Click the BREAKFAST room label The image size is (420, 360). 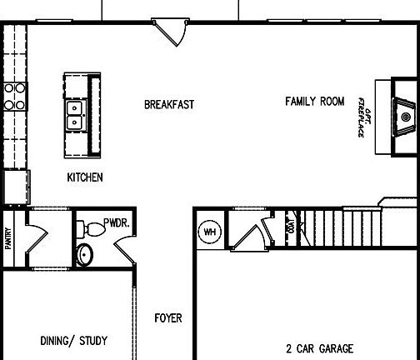click(x=169, y=105)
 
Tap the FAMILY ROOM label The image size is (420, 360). click(x=314, y=102)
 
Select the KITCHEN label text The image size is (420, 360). click(x=85, y=177)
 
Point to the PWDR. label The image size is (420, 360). click(x=116, y=224)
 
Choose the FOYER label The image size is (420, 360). click(x=168, y=318)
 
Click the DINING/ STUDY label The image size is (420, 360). click(x=74, y=341)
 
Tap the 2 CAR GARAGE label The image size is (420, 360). click(x=319, y=349)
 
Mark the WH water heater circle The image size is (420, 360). click(x=210, y=232)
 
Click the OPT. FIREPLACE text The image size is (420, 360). click(x=363, y=116)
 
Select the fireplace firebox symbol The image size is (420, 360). click(x=405, y=116)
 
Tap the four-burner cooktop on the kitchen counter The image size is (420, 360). click(x=14, y=97)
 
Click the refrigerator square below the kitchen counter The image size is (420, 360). click(x=15, y=186)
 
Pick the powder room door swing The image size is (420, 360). click(x=122, y=247)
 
